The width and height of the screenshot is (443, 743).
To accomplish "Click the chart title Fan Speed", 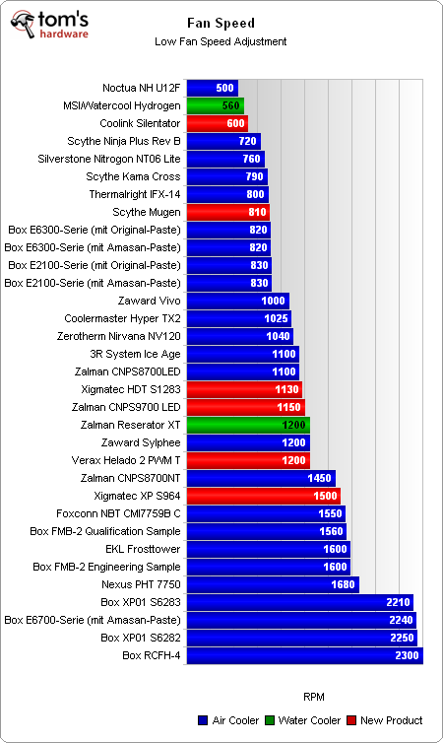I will [x=221, y=22].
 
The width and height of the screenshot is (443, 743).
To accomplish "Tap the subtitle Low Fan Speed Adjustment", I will [x=221, y=41].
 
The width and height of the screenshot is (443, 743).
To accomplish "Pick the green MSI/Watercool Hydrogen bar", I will [x=215, y=105].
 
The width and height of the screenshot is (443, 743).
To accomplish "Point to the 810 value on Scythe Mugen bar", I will [x=258, y=212].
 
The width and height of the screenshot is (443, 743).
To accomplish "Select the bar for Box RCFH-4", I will [x=304, y=655].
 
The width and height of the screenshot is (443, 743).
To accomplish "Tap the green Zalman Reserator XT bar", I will [x=248, y=425].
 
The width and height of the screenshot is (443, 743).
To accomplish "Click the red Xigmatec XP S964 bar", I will [x=263, y=496].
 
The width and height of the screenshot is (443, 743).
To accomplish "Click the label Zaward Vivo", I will [x=148, y=301].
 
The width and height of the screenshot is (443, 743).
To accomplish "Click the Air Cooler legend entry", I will [x=231, y=720].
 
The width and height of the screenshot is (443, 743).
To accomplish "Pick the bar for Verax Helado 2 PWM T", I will [x=248, y=460].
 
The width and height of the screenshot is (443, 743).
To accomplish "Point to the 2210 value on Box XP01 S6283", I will [x=398, y=602].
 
